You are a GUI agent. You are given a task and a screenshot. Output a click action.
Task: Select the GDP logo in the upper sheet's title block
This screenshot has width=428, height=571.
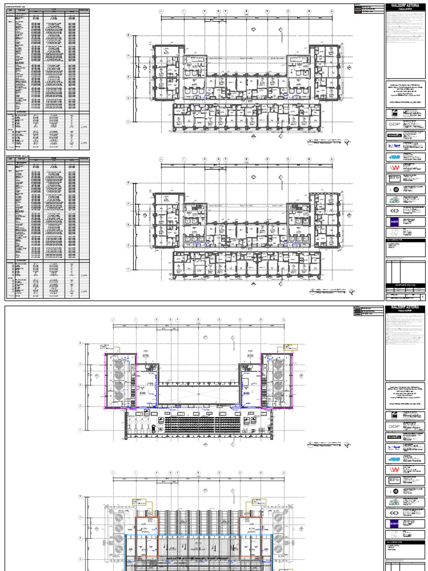[x=393, y=124]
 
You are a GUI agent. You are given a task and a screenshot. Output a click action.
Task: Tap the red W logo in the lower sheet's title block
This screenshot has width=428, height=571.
[x=393, y=470]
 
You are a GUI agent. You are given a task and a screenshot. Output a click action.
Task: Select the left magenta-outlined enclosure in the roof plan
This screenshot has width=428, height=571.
[x=121, y=381]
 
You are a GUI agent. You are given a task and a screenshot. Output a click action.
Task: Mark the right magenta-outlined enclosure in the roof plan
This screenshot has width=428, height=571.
[x=276, y=381]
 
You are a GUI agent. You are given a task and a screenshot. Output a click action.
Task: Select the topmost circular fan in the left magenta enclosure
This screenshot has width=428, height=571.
[x=119, y=365]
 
